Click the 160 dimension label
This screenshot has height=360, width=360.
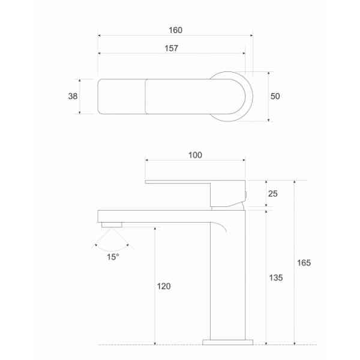point(175,30)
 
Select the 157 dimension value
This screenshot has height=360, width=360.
point(171,48)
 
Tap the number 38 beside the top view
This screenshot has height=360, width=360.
point(73,96)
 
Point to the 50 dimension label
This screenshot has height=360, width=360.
point(275,96)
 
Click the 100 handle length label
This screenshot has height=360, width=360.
point(195,155)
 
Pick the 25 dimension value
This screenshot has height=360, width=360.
point(273,194)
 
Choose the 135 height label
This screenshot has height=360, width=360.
point(276,278)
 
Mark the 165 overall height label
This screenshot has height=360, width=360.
point(304,263)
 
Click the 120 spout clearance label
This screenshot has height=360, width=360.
point(164,286)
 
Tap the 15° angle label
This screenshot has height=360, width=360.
point(113,257)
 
